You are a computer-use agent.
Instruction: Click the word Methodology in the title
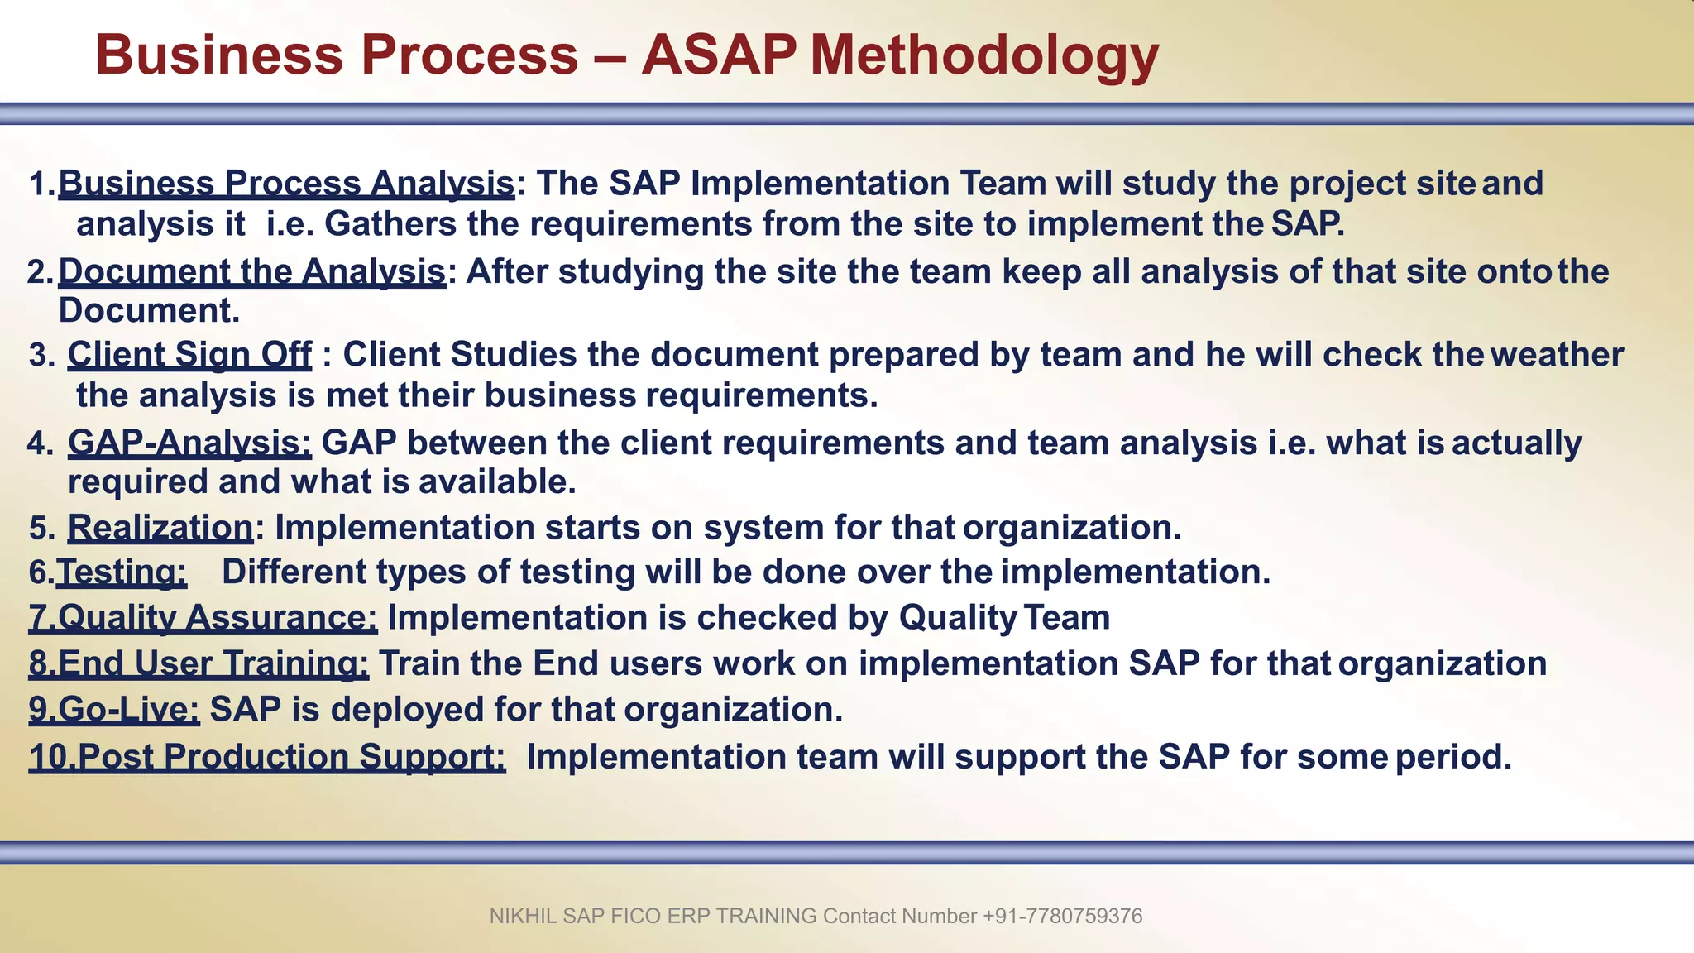pyautogui.click(x=984, y=55)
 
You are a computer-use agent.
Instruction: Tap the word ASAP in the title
pyautogui.click(x=718, y=55)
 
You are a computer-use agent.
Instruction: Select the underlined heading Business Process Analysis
pyautogui.click(x=286, y=184)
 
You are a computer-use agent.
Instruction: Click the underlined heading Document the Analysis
pyautogui.click(x=251, y=271)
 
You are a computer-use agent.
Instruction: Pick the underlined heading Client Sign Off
pyautogui.click(x=189, y=355)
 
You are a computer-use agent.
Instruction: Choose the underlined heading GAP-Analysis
pyautogui.click(x=189, y=443)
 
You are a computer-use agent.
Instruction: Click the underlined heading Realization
pyautogui.click(x=160, y=528)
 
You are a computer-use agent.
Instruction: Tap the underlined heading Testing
pyautogui.click(x=122, y=572)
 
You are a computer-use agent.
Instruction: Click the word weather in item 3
pyautogui.click(x=1558, y=355)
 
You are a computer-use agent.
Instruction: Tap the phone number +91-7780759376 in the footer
pyautogui.click(x=1062, y=917)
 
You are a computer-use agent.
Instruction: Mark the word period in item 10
pyautogui.click(x=1453, y=757)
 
